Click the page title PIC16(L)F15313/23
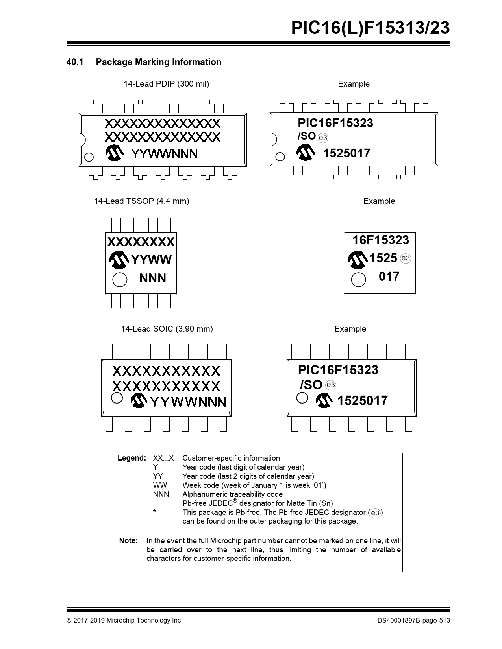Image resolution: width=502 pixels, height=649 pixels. pos(370,28)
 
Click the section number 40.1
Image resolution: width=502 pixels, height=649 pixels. pos(75,62)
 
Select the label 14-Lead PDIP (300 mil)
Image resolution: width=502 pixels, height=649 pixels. pos(166,84)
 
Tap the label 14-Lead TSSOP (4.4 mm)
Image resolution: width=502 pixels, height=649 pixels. pos(142,201)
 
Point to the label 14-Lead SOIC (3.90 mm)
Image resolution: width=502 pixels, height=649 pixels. pos(167,329)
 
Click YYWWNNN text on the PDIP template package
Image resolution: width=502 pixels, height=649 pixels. pos(165,154)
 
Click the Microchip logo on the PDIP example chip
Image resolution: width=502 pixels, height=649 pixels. pos(305,152)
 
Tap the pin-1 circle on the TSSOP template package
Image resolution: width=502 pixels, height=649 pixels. pos(120,280)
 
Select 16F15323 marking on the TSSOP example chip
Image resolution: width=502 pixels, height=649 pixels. pos(381,240)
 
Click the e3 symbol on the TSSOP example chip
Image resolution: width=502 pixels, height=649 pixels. pos(406,258)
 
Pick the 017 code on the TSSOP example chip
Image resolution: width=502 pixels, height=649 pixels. pos(389,277)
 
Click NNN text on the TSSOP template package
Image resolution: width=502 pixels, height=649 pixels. pos(152,278)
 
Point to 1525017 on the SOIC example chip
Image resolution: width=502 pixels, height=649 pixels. pos(362,401)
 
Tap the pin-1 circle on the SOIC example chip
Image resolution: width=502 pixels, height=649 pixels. pos(302,398)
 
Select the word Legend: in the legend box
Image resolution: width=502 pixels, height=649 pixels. pos(132,458)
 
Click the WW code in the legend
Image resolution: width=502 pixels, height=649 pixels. pos(160,485)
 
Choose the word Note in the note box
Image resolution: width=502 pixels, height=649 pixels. pos(127,540)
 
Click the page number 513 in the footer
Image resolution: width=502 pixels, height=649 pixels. pos(445,621)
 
